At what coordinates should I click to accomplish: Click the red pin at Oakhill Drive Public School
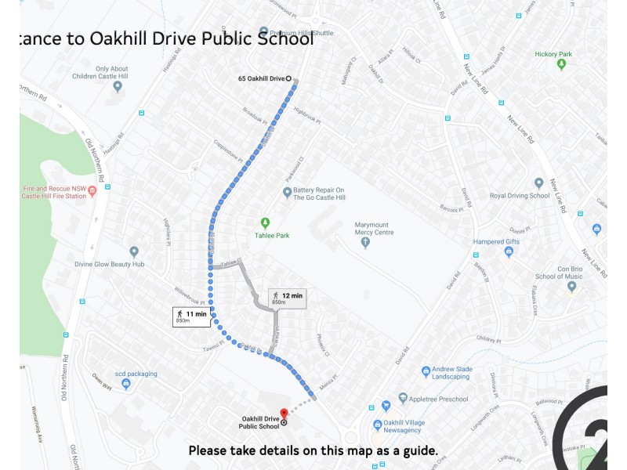coord(284,413)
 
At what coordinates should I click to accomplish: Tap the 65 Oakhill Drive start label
coord(261,79)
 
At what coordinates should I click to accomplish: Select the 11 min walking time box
coord(192,316)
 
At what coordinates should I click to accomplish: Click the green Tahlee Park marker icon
coord(265,223)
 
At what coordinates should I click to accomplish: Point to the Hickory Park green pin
coord(561,64)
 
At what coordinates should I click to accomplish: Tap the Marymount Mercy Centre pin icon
coord(365,243)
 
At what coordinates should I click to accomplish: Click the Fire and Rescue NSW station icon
coord(92,190)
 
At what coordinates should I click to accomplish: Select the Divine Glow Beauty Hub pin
coord(134,251)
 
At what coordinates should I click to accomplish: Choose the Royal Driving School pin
coord(538,183)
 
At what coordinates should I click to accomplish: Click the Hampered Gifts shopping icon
coord(508,251)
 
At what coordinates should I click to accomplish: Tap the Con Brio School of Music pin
coord(571,287)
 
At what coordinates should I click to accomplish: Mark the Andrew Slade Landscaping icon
coord(426,371)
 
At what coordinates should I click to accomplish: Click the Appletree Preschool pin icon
coord(403,399)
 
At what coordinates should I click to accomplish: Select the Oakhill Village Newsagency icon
coord(377,425)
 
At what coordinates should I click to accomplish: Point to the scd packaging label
coord(136,374)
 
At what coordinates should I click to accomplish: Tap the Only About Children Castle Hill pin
coord(118,86)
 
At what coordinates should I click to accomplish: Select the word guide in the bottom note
coord(416,451)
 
